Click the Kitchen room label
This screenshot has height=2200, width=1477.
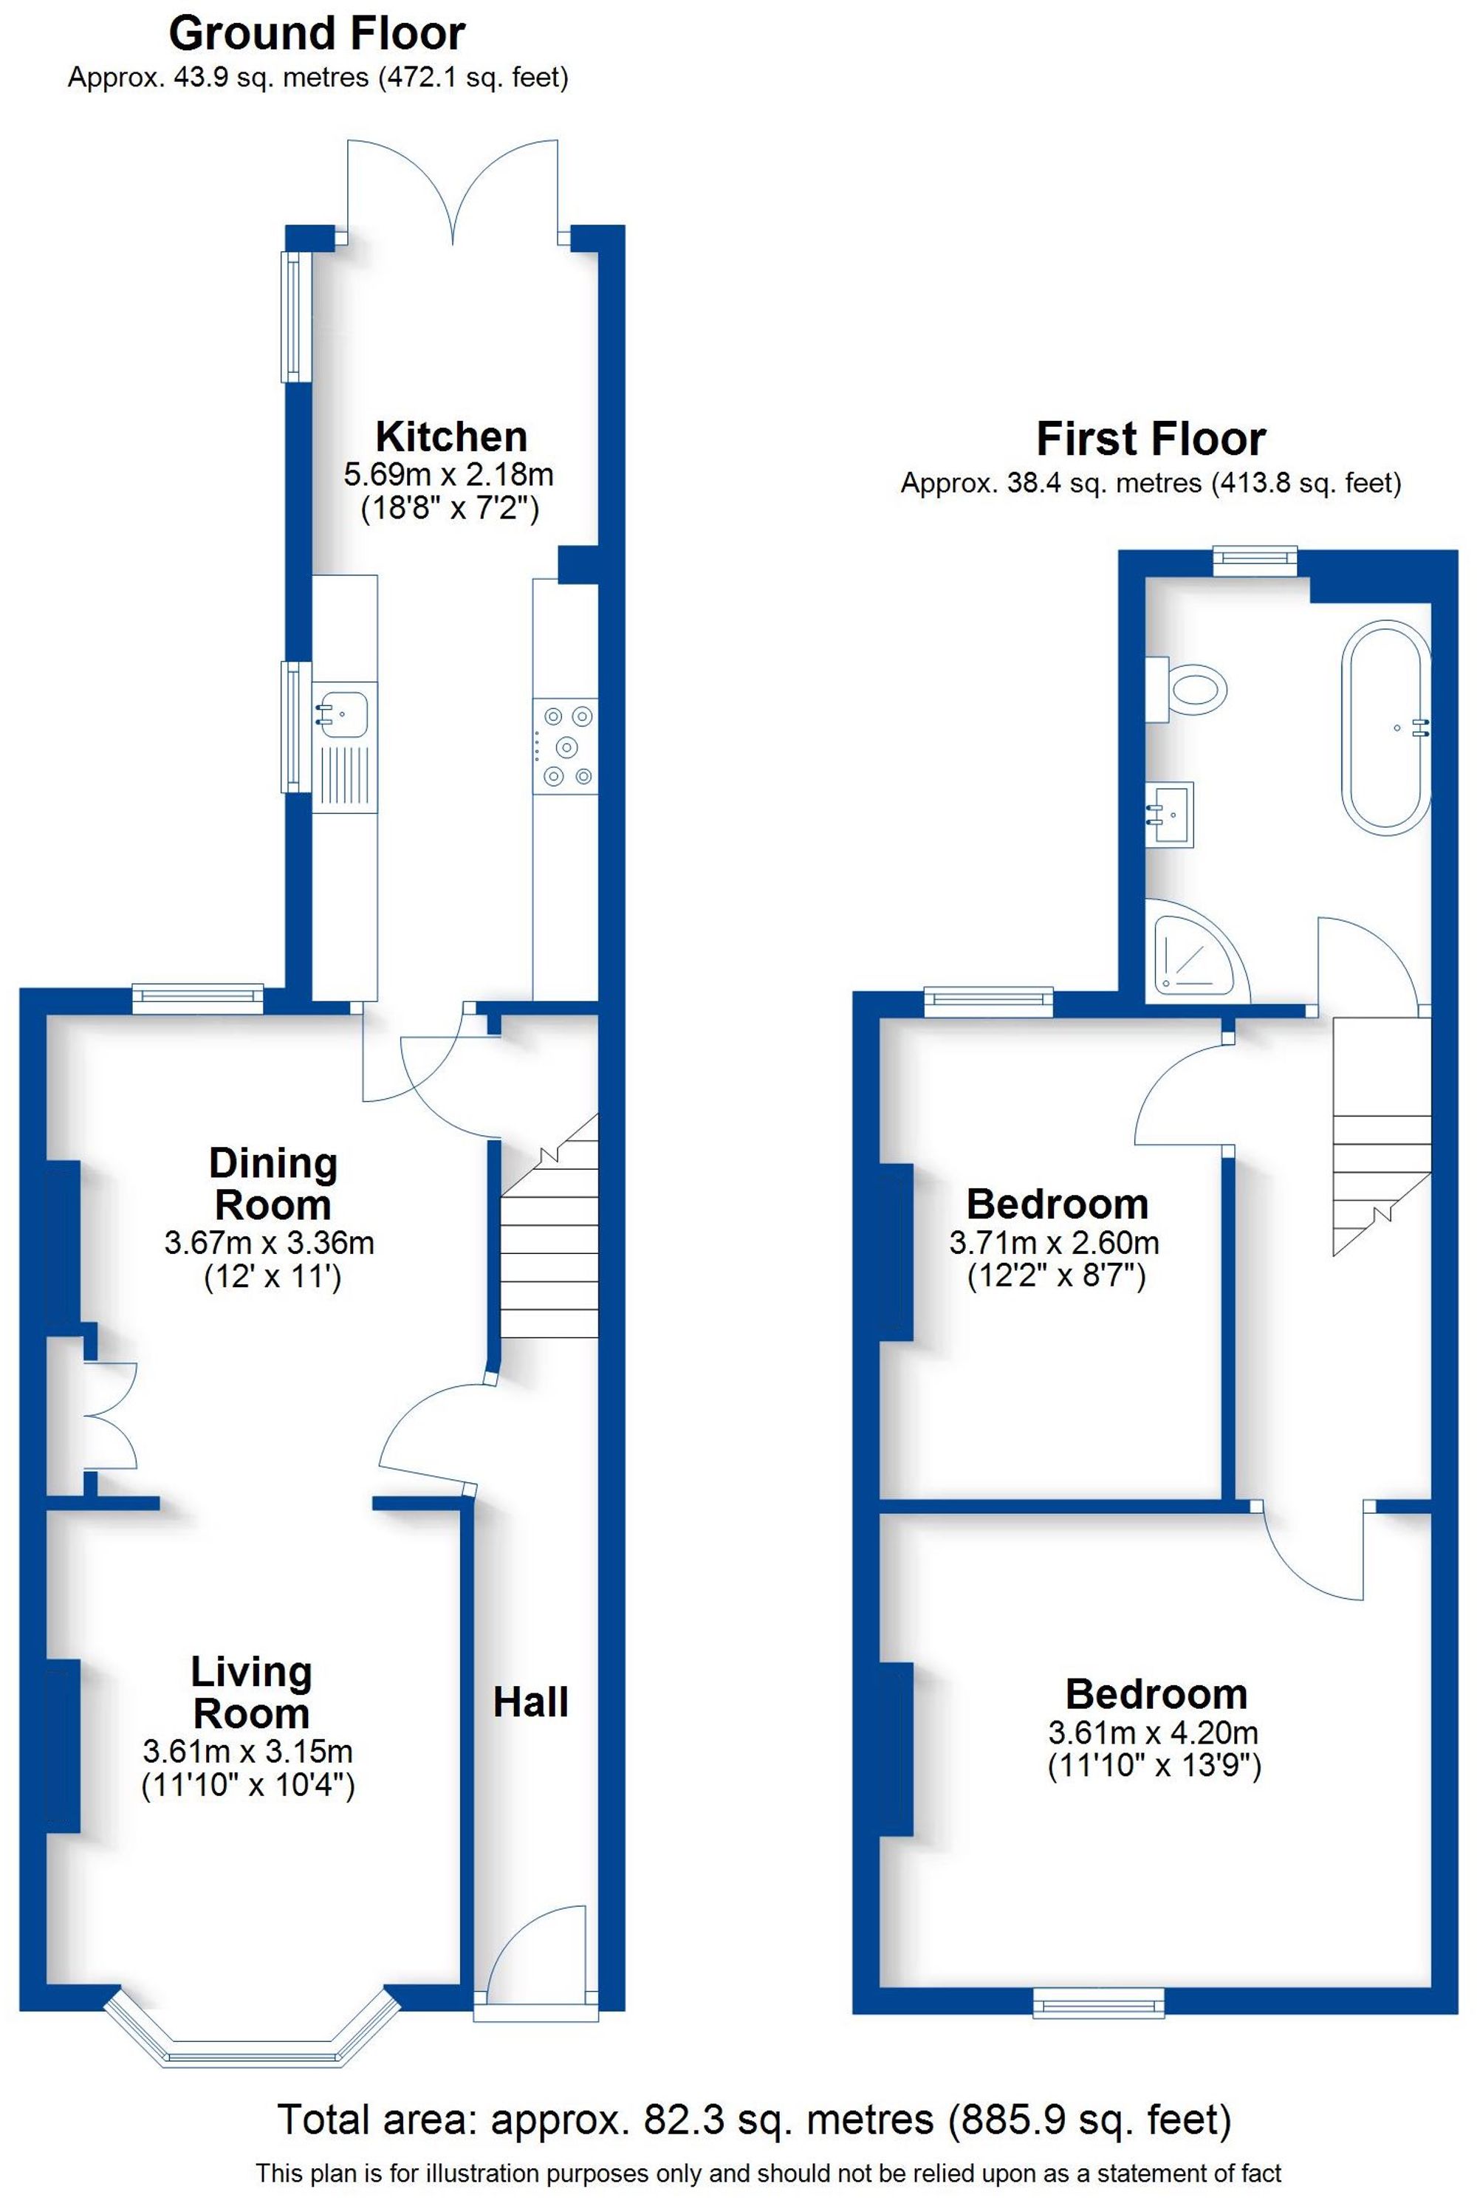[450, 437]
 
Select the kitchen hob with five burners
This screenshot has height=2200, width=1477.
[565, 746]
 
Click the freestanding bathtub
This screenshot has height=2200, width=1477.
[1385, 725]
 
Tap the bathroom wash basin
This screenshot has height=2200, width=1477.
[1169, 814]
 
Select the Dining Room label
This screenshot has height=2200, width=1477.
[273, 1184]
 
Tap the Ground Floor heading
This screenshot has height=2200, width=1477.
[317, 34]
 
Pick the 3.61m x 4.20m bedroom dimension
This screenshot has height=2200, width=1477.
[1153, 1732]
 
